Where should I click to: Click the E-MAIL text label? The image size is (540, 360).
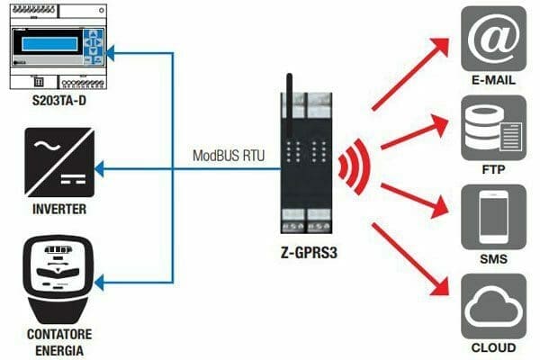pos(493,81)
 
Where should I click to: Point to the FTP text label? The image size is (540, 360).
pos(493,169)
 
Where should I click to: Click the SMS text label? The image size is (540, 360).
pos(493,259)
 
